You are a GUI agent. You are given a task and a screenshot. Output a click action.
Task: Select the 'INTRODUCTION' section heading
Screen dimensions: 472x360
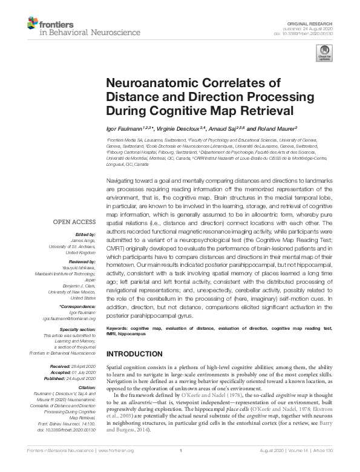(136, 353)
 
